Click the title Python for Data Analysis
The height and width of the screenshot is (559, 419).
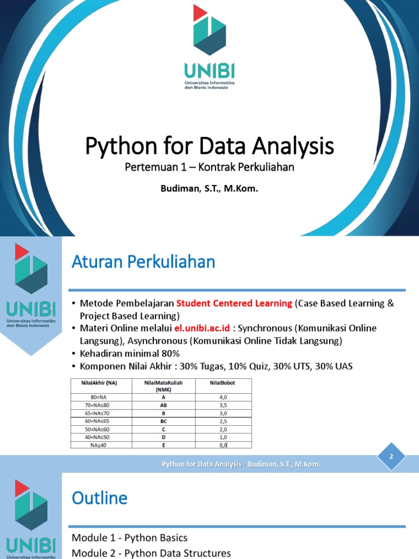[x=209, y=146]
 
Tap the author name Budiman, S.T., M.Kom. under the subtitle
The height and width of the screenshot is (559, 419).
[x=209, y=189]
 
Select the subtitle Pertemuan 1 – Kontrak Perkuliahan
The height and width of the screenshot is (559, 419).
[x=209, y=167]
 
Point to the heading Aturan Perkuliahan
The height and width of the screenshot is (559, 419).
[x=143, y=263]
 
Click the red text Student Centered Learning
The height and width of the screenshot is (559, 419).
[x=234, y=304]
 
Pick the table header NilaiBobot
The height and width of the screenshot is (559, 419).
[x=222, y=383]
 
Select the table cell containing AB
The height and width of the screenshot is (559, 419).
[x=163, y=406]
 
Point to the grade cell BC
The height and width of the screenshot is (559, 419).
[x=163, y=422]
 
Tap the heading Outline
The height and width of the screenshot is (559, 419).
[x=100, y=498]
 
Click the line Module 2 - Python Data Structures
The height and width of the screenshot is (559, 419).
[x=151, y=553]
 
